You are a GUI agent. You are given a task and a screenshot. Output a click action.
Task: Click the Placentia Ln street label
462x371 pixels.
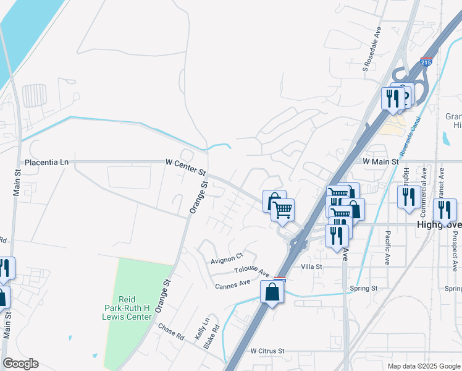coord(46,163)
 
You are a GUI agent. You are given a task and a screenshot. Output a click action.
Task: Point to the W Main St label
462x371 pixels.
coord(382,161)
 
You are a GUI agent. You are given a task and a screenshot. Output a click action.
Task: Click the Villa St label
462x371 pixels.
coord(311,267)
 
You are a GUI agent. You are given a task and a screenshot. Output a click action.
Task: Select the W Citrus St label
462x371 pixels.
coord(267,351)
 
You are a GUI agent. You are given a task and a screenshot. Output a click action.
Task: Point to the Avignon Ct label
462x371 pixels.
coord(227,260)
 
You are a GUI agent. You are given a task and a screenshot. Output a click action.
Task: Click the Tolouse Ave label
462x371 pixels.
coord(252,271)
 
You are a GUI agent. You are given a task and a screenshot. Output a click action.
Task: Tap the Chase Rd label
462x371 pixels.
coord(171,332)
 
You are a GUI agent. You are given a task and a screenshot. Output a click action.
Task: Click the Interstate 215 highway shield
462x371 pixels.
coord(426,62)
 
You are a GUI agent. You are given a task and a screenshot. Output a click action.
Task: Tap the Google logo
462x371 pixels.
coord(20,364)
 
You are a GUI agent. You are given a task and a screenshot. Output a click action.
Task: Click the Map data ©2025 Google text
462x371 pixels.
coord(423,366)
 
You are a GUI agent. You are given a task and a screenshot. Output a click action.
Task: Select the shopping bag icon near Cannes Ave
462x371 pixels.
coord(272,291)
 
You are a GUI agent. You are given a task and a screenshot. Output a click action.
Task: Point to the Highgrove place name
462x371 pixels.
coord(439,225)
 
